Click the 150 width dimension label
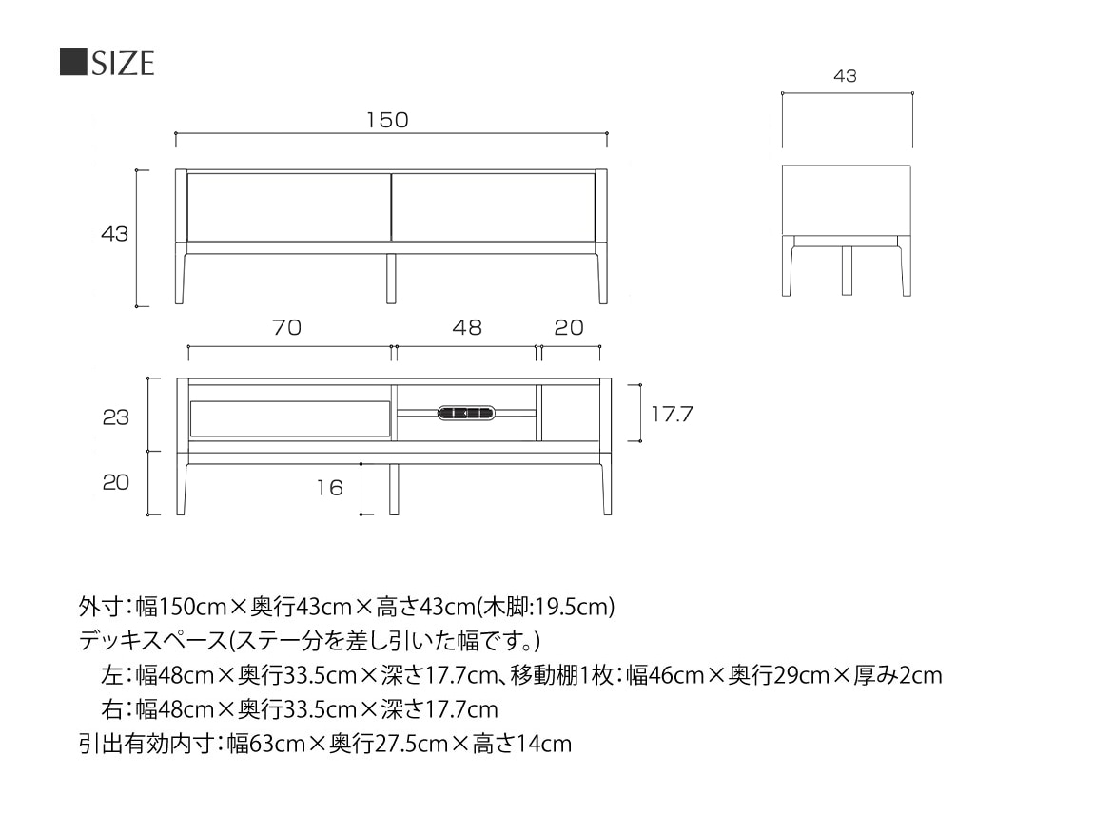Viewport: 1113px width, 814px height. coord(387,120)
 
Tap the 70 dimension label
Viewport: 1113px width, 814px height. coord(286,327)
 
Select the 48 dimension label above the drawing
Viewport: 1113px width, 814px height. coord(467,327)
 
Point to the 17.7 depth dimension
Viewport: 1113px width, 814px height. coord(672,414)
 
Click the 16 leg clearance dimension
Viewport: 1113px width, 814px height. coord(329,488)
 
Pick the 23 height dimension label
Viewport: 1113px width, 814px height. coord(116,417)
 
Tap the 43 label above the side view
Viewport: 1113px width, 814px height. coord(845,76)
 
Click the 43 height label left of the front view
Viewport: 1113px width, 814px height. coord(114,234)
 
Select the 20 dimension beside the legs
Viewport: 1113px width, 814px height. coord(116,482)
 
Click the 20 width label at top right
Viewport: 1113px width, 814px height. coord(569,327)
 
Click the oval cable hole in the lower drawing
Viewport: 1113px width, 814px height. coord(465,413)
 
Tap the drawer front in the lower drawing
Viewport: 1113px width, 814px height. coord(290,418)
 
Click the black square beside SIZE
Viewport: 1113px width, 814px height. coord(73,63)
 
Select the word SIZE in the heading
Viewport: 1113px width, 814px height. coord(123,63)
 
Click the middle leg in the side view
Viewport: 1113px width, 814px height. coord(847,270)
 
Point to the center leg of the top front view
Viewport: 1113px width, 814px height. coord(391,279)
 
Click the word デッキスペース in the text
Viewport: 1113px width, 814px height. coord(152,641)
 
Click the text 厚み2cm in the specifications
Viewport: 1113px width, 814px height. coord(898,675)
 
